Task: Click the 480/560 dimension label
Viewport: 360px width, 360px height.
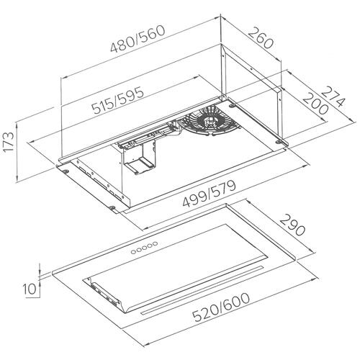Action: coord(138,38)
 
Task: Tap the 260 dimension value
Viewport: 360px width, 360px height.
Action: coord(261,38)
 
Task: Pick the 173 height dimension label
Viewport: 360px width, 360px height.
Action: coord(9,142)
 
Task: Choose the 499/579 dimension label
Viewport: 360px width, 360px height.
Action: coord(210,194)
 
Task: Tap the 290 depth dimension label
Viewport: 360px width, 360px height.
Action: coord(292,225)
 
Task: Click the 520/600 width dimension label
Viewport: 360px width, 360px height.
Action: coord(222,307)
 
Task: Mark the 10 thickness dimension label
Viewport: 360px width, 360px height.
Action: coord(30,289)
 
